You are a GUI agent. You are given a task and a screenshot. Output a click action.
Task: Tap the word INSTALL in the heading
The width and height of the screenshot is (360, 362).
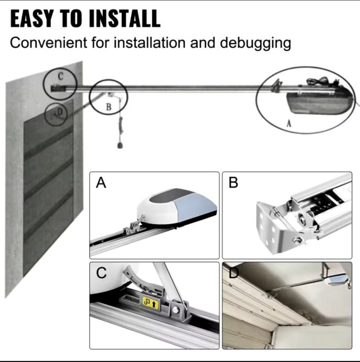(x=124, y=19)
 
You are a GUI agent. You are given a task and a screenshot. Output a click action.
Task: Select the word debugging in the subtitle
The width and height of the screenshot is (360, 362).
(x=256, y=44)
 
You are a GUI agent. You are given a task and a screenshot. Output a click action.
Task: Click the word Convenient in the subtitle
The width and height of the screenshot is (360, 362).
(x=48, y=42)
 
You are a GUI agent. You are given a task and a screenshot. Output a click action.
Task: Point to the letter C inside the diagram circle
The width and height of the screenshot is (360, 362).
(x=60, y=76)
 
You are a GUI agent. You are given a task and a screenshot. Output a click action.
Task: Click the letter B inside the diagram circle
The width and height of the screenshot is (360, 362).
(x=109, y=107)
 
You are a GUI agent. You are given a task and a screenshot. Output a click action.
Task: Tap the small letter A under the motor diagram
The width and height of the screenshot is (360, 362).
(x=289, y=124)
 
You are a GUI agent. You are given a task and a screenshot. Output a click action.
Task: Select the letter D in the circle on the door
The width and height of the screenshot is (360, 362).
(x=60, y=112)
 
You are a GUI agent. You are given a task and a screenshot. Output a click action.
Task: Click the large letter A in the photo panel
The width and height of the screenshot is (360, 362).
(x=101, y=183)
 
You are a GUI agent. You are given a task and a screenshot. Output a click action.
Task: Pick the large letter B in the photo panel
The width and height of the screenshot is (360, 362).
(x=233, y=183)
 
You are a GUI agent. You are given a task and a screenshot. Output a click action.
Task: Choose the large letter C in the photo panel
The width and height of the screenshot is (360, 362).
(x=101, y=273)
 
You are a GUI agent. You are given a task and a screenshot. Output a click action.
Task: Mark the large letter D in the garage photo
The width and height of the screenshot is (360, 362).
(x=234, y=273)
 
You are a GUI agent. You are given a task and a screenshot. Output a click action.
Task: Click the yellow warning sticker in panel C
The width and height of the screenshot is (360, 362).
(x=150, y=303)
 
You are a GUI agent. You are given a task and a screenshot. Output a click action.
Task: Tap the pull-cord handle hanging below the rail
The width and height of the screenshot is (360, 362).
(x=120, y=145)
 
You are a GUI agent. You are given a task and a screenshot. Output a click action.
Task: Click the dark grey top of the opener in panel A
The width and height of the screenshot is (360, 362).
(x=171, y=196)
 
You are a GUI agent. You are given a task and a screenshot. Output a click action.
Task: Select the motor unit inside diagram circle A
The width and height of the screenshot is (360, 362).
(x=320, y=103)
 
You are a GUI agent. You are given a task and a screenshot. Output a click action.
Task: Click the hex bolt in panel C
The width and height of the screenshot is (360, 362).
(x=175, y=310)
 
